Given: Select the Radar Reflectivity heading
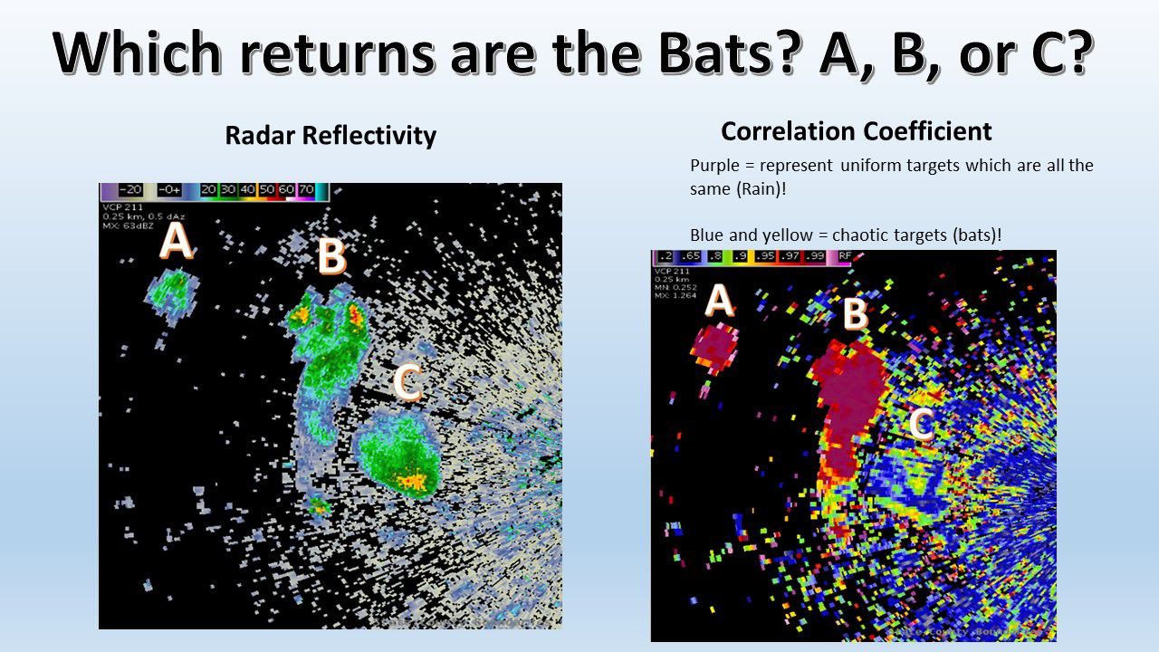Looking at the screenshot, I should tap(330, 136).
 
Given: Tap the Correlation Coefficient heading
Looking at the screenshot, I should tap(856, 131).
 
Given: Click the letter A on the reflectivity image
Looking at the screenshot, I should tap(176, 243).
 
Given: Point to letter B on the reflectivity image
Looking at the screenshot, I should tap(331, 256).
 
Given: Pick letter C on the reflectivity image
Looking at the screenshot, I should tap(407, 383).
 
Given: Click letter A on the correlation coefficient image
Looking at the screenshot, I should tap(718, 301).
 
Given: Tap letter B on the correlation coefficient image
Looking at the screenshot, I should tap(855, 314).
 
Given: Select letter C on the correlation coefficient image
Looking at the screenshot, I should tap(921, 424).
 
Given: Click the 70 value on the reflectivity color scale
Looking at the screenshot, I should tap(306, 190).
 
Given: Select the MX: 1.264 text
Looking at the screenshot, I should tap(675, 293).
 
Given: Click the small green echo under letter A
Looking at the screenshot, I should tap(172, 292).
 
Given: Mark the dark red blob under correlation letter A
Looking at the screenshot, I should tap(714, 347).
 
